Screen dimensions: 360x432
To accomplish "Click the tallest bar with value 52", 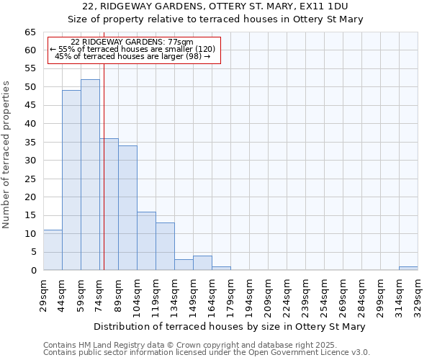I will [x=90, y=175].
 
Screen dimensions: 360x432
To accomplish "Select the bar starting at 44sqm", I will [x=71, y=180].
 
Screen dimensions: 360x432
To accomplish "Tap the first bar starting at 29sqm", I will [x=53, y=250].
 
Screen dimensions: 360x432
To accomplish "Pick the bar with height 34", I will [x=127, y=208].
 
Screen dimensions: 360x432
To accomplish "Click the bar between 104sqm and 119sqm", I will [x=146, y=241].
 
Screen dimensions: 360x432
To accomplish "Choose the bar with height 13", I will [x=165, y=246].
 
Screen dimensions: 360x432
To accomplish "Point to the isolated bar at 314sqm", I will [x=408, y=269].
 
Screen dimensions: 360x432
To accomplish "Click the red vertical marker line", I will [x=104, y=158].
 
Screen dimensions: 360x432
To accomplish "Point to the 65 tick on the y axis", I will [x=30, y=32].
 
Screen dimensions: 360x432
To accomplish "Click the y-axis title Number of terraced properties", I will [x=7, y=155].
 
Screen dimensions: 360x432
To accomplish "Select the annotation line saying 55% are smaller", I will [x=132, y=49].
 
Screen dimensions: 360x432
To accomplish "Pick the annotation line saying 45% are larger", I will [x=132, y=56].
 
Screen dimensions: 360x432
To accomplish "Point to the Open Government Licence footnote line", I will [x=207, y=352].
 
